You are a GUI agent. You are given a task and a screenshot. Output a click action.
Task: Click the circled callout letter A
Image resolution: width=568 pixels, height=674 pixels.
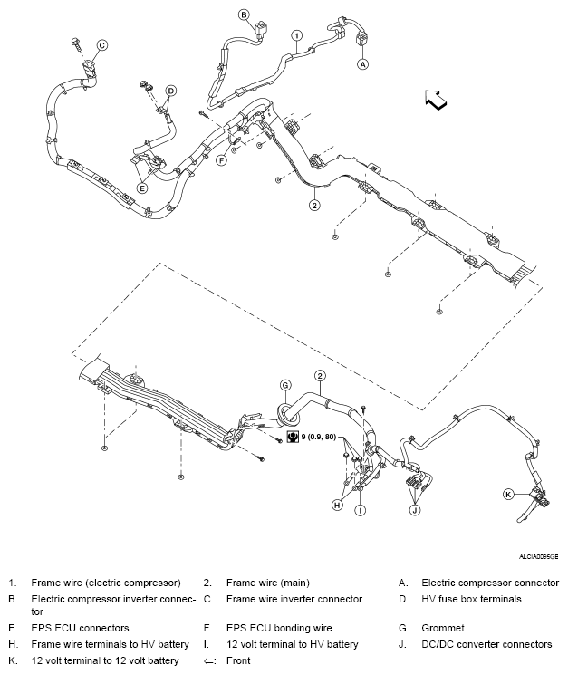(x=363, y=64)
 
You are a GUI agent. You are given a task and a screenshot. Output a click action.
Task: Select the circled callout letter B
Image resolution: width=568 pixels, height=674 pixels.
(x=244, y=14)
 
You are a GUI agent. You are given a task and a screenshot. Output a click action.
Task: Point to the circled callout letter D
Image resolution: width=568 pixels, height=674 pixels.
(x=170, y=90)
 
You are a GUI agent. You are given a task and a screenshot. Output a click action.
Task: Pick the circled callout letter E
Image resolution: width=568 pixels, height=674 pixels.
(x=141, y=188)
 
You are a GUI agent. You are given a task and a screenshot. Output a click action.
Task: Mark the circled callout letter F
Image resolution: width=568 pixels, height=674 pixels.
(x=220, y=159)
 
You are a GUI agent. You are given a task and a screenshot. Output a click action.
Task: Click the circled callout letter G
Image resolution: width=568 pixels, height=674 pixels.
(x=284, y=385)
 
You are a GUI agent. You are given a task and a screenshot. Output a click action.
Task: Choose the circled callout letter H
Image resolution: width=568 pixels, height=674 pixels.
(x=337, y=505)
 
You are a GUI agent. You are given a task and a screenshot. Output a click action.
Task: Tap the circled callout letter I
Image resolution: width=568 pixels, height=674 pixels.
(x=360, y=511)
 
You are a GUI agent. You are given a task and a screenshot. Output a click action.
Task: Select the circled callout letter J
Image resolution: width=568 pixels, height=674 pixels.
(x=415, y=510)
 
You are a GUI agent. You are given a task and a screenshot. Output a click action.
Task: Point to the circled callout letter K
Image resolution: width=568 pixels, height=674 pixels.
(x=508, y=494)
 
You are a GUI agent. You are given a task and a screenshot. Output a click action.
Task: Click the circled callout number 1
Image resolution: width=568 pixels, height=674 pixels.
(x=296, y=35)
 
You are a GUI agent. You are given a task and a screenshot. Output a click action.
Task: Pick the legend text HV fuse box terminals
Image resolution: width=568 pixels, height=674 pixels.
(x=472, y=599)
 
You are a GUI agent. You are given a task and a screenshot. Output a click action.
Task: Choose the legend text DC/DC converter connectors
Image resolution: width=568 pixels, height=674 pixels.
(x=486, y=644)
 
